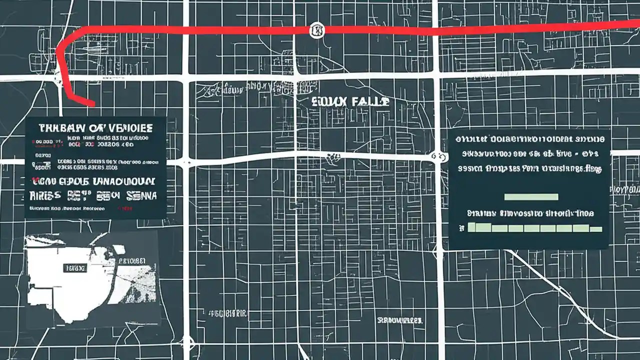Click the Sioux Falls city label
(x=350, y=101)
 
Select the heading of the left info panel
(x=95, y=127)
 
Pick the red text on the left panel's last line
(x=125, y=209)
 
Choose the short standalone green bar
(x=531, y=196)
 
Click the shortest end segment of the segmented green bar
(x=596, y=229)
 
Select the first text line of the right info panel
(x=528, y=138)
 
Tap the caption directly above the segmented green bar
(x=530, y=213)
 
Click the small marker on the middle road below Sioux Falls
(x=330, y=159)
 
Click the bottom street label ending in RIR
(x=228, y=314)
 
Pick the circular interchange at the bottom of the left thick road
(x=187, y=342)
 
